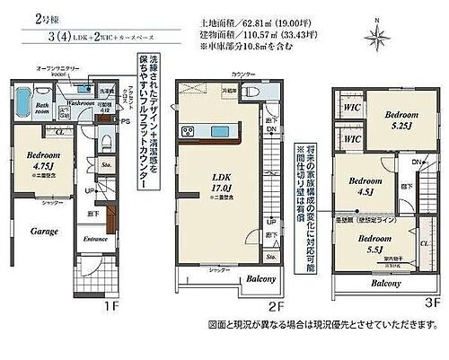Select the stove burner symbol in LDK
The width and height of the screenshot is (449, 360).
click(x=189, y=131)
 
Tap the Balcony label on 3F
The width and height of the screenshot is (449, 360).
click(x=386, y=283)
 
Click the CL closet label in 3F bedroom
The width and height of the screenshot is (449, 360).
click(x=423, y=242)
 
